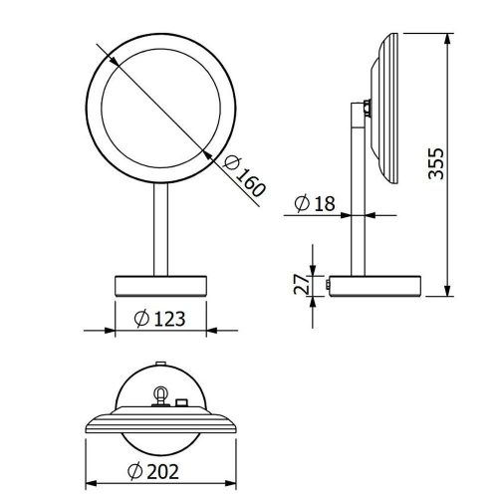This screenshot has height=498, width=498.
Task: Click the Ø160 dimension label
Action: pyautogui.click(x=245, y=176)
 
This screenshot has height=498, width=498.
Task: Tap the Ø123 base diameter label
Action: pyautogui.click(x=159, y=319)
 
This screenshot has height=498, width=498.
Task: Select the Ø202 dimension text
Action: pyautogui.click(x=153, y=471)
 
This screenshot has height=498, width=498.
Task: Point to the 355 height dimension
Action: pyautogui.click(x=435, y=163)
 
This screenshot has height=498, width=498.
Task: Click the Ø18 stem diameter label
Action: pyautogui.click(x=315, y=203)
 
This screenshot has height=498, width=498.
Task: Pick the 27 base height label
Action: pyautogui.click(x=302, y=284)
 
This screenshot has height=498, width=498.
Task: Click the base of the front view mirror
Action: pyautogui.click(x=160, y=286)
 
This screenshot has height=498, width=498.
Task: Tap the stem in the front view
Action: pyautogui.click(x=161, y=229)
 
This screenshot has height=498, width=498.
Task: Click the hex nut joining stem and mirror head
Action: pyautogui.click(x=368, y=108)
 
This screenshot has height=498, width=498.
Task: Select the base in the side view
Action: pyautogui.click(x=375, y=286)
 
